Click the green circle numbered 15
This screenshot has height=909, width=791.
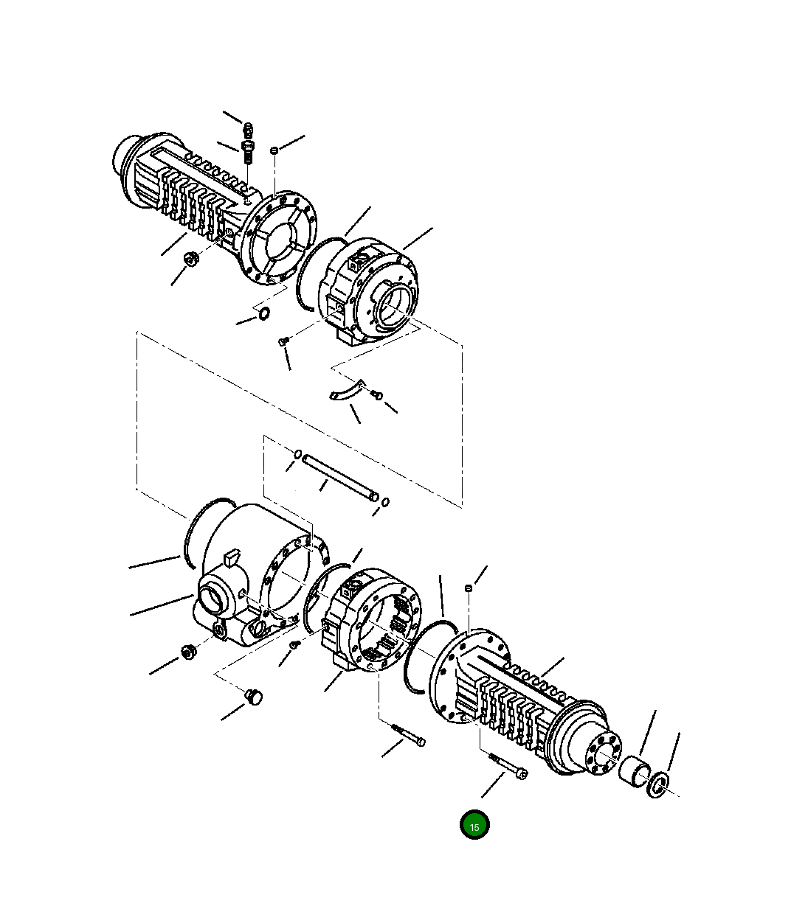point(474,826)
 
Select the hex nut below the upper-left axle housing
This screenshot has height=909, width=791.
point(190,259)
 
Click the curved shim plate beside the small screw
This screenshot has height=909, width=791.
point(345,391)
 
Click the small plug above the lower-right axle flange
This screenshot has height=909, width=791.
point(468,588)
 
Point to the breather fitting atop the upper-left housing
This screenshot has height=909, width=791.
point(248,144)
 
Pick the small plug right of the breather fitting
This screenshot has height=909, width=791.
point(274,150)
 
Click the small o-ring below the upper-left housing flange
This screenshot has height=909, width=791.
point(263,316)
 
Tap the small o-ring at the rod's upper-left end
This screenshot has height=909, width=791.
point(297,453)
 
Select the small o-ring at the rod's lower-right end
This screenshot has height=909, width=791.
point(385,503)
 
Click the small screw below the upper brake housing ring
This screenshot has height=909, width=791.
point(283,341)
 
